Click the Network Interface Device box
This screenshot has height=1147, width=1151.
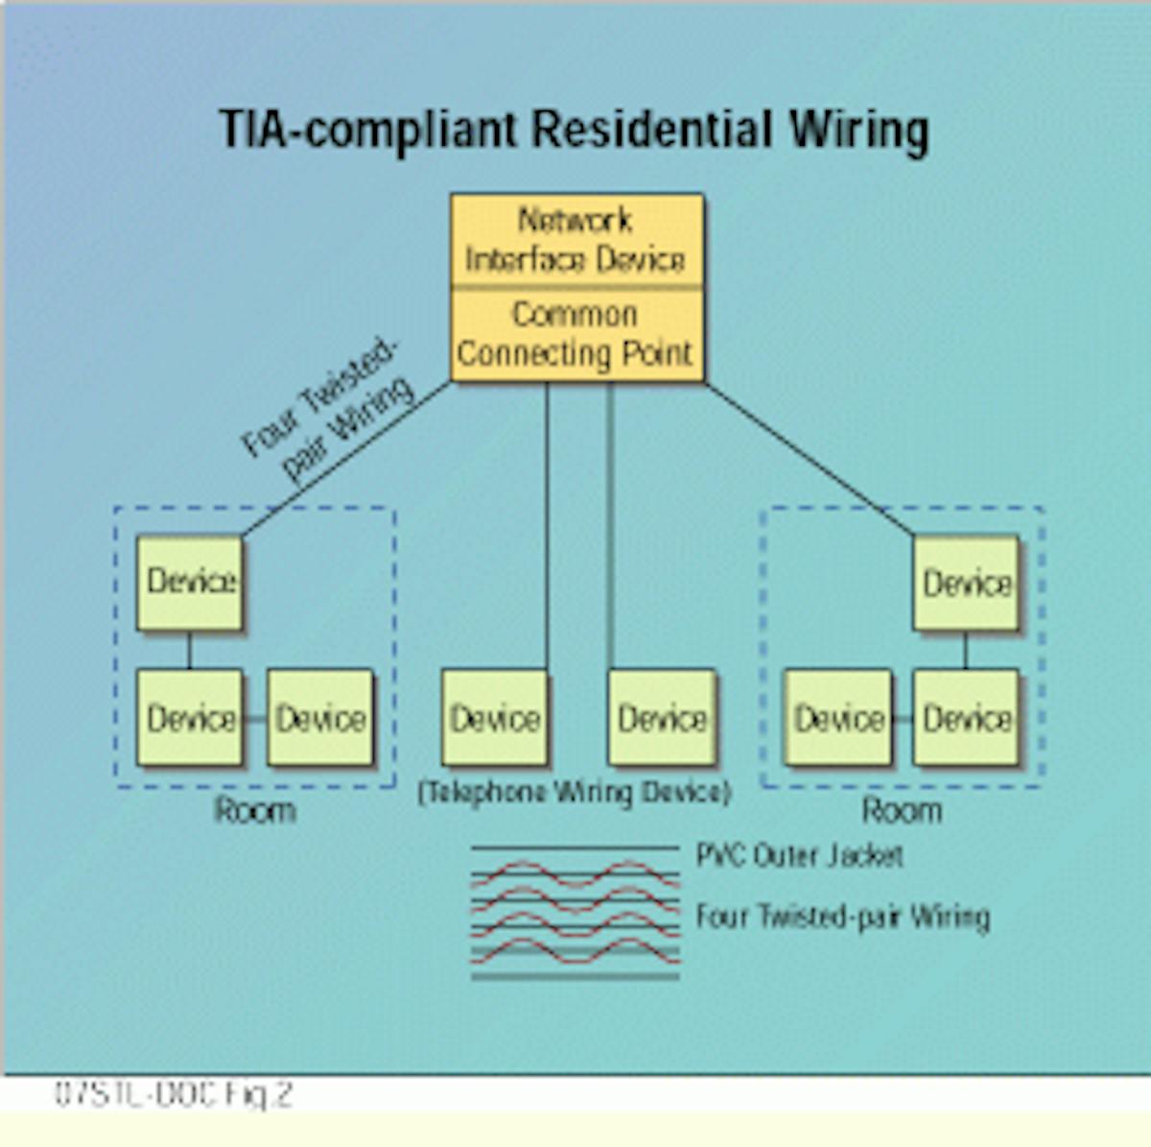[x=576, y=240]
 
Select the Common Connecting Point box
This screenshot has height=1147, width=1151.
[x=576, y=334]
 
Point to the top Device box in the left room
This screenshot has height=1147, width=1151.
[x=190, y=583]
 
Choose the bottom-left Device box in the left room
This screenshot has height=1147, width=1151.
[x=190, y=718]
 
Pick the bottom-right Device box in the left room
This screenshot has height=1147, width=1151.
[x=319, y=718]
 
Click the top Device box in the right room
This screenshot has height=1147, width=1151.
[x=966, y=584]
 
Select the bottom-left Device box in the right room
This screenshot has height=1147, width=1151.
[x=837, y=718]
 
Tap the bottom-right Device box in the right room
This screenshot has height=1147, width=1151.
[x=966, y=718]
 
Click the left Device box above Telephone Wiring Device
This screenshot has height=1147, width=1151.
[x=495, y=718]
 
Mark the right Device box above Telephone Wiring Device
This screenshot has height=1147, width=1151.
[x=662, y=718]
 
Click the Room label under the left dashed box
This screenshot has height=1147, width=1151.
[x=254, y=811]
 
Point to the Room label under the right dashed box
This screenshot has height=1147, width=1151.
[x=902, y=811]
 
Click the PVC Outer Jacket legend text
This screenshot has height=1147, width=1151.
[x=799, y=855]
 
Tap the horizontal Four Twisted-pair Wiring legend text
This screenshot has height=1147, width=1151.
[x=842, y=917]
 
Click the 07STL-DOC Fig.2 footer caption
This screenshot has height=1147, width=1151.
[x=173, y=1094]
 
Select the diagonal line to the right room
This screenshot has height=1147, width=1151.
[x=810, y=459]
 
